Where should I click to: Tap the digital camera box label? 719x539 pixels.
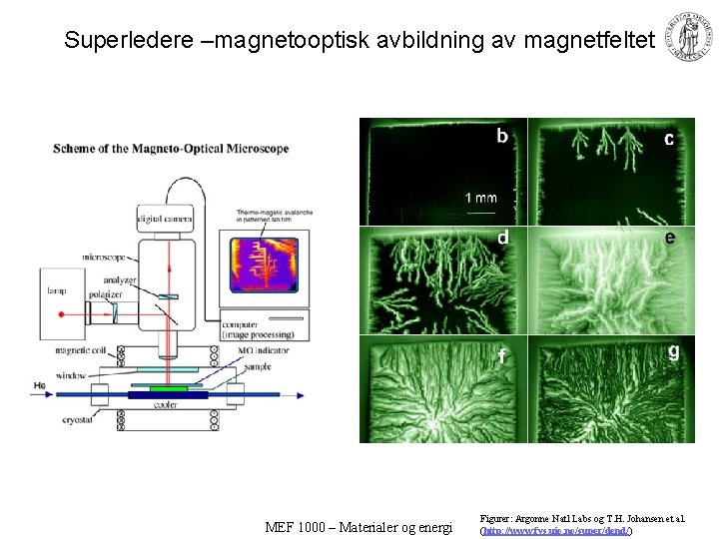point(165,219)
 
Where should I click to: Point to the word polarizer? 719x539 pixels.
point(108,296)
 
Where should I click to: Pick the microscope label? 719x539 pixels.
point(107,257)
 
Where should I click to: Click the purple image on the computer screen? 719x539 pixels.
point(265,264)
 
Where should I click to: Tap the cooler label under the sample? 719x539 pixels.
point(168,405)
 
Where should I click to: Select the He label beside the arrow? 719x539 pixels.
point(39,385)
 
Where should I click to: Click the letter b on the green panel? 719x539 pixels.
point(502,136)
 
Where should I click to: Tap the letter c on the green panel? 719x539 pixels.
point(669,139)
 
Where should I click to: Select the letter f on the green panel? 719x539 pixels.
point(502,355)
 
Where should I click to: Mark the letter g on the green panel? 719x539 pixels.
point(674,351)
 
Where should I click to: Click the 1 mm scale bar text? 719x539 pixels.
point(480,198)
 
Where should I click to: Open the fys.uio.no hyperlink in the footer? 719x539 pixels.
point(556,531)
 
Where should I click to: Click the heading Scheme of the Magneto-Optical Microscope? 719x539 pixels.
point(171,149)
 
